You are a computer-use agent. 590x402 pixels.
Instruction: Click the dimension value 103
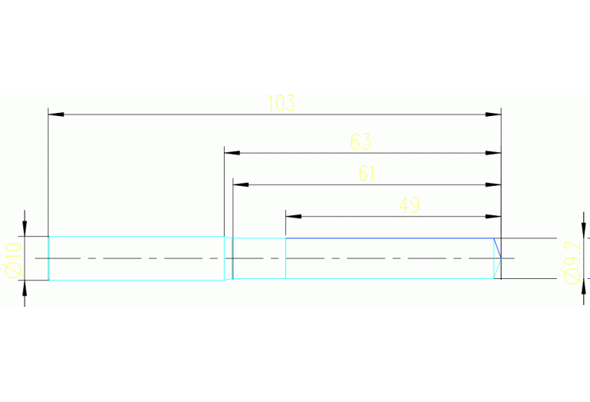(282, 103)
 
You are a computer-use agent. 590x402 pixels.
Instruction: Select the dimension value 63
(361, 141)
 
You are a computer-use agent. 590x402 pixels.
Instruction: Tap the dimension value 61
(367, 174)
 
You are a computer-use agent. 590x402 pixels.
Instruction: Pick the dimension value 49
(409, 205)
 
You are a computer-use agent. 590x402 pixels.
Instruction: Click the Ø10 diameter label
(12, 259)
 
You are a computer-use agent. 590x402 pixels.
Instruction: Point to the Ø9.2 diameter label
(571, 261)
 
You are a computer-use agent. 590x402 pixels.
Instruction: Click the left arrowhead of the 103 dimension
(55, 115)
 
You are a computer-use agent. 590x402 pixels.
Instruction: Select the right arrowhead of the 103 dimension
(494, 115)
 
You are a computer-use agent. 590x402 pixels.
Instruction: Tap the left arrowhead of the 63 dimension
(232, 153)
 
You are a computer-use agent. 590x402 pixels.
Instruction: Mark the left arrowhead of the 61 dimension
(241, 184)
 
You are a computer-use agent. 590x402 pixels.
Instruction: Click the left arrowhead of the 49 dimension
(293, 216)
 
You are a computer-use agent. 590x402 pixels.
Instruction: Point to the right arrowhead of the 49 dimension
(494, 216)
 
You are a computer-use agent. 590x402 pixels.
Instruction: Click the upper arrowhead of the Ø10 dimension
(25, 228)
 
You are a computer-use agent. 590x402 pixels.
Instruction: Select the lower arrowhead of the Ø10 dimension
(25, 287)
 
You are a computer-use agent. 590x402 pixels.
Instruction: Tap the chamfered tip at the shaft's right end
(497, 258)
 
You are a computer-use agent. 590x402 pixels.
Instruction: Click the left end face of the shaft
(48, 258)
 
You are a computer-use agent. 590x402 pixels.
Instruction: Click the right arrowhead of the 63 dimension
(494, 153)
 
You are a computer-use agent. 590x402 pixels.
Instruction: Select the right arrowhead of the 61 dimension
(494, 184)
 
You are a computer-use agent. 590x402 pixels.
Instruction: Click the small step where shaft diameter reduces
(228, 258)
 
